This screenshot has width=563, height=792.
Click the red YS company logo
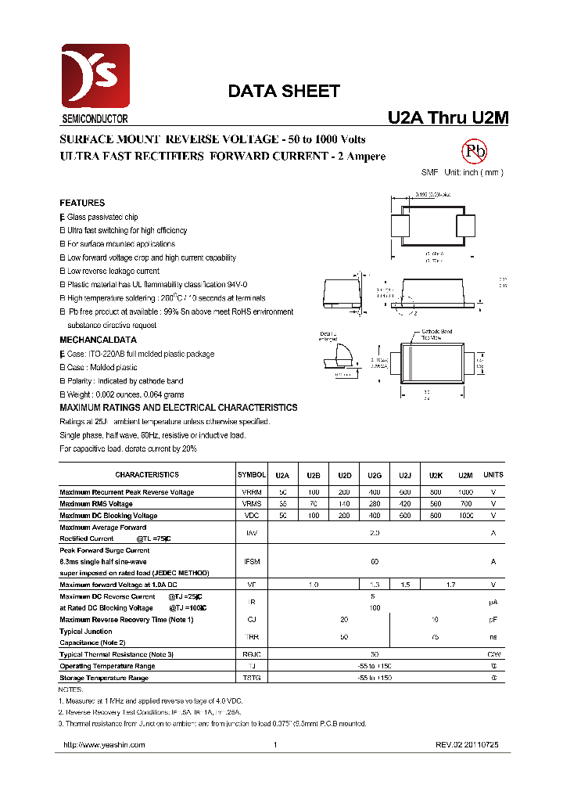click(95, 77)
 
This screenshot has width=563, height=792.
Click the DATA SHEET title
click(284, 91)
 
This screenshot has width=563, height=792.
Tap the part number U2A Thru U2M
click(448, 117)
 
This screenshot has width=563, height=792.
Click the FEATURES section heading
click(82, 203)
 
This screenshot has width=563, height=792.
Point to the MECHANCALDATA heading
click(99, 340)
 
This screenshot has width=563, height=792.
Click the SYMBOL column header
click(252, 475)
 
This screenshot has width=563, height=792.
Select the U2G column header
click(375, 475)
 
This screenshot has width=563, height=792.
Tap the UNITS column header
click(493, 475)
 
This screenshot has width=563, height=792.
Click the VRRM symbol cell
click(252, 492)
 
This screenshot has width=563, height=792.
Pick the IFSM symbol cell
click(252, 561)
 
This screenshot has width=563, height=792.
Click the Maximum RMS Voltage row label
click(96, 504)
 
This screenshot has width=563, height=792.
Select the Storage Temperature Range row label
click(104, 678)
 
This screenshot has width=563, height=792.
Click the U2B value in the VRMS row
click(314, 504)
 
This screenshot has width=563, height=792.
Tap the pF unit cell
click(493, 619)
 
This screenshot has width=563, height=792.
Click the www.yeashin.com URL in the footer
click(103, 745)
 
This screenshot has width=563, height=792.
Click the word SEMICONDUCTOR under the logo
click(95, 120)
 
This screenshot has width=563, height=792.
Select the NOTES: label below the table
click(70, 689)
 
